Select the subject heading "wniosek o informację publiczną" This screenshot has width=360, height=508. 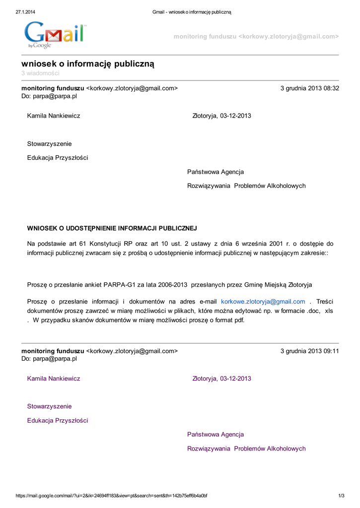[88, 64]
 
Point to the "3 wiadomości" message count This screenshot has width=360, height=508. [40, 73]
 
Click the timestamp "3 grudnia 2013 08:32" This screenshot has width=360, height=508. [309, 88]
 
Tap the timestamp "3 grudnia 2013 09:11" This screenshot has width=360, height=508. [309, 351]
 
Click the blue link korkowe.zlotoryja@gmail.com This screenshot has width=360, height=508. [263, 301]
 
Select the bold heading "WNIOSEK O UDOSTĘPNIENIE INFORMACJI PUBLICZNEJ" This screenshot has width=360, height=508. [112, 228]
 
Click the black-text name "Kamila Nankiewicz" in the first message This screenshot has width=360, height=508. [54, 116]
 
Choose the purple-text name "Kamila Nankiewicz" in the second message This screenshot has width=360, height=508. [54, 379]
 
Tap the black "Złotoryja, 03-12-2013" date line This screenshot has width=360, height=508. [221, 116]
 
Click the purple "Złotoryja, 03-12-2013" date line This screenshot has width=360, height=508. [221, 379]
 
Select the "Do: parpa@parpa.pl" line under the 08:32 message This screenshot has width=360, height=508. [49, 96]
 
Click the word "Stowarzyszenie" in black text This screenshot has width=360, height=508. [49, 144]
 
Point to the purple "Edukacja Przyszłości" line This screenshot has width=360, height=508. [57, 421]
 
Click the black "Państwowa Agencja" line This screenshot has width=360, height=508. [216, 172]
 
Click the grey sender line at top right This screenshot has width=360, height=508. [256, 37]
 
